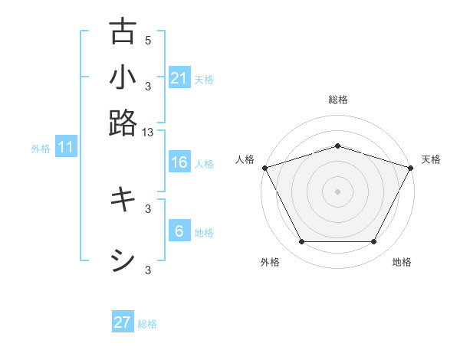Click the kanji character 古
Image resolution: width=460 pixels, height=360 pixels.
click(x=123, y=31)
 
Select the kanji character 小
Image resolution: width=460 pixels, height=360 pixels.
click(x=123, y=77)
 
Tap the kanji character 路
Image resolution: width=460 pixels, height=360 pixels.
click(x=123, y=123)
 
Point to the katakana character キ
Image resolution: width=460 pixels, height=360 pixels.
click(x=123, y=200)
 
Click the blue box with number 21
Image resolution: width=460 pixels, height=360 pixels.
click(x=179, y=77)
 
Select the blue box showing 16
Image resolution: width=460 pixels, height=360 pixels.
click(x=179, y=162)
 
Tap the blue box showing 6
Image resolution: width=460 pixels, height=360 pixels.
click(x=179, y=231)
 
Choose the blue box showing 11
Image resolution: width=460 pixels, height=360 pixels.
click(x=66, y=147)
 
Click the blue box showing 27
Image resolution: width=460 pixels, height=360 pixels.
click(x=123, y=322)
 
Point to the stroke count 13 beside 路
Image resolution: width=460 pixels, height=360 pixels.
click(x=148, y=132)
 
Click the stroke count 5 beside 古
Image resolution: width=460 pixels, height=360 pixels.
click(x=148, y=40)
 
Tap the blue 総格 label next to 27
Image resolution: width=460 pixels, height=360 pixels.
click(x=147, y=324)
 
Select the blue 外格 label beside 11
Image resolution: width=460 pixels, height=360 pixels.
click(x=41, y=149)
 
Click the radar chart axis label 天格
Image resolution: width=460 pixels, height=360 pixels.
click(x=431, y=159)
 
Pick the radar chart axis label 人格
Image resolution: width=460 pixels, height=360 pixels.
click(x=245, y=159)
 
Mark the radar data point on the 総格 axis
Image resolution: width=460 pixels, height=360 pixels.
click(x=337, y=146)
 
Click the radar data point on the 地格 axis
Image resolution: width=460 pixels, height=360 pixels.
click(x=374, y=242)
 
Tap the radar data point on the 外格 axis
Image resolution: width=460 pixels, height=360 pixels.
click(x=301, y=242)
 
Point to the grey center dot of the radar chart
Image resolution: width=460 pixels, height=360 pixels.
click(x=337, y=191)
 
